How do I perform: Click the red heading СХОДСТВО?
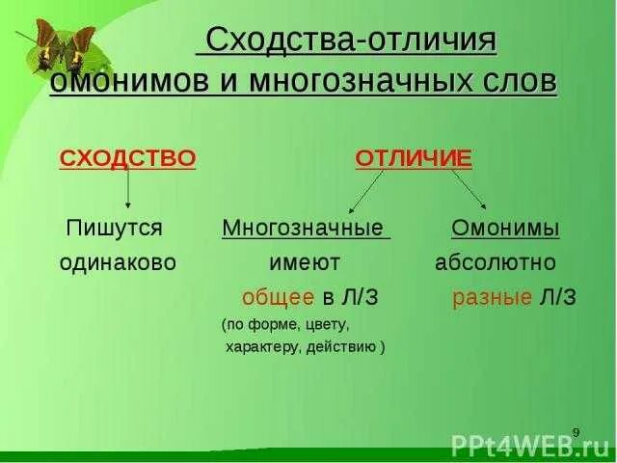127,158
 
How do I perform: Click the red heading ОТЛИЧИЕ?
414,158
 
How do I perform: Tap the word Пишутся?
114,229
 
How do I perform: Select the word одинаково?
118,262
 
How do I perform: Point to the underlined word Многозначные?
305,229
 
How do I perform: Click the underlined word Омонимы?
505,229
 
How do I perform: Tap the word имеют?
304,262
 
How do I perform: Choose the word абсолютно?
495,262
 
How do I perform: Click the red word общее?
278,297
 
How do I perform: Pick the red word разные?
493,297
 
